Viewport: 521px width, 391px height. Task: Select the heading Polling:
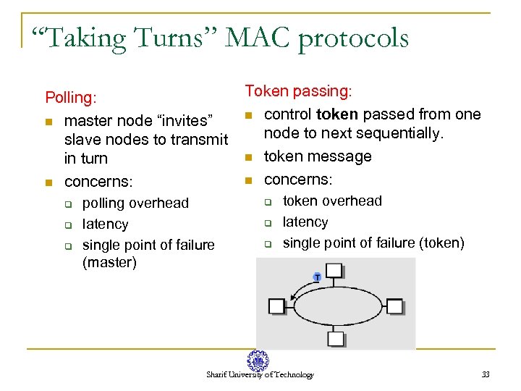coord(72,97)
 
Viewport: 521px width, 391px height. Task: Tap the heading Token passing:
coord(298,91)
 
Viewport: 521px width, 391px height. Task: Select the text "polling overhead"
coord(135,203)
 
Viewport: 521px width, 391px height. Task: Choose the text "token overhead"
coord(332,201)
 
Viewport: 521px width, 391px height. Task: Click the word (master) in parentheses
coord(109,262)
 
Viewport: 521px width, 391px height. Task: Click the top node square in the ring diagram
coord(334,271)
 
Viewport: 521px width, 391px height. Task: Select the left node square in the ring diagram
coord(277,306)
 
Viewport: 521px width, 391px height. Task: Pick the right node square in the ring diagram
coord(394,306)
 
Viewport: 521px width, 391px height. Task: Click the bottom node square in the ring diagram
coord(336,338)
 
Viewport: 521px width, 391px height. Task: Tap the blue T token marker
coord(316,277)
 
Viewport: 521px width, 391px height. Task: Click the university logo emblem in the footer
coord(258,361)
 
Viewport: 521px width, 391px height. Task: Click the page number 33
coord(486,374)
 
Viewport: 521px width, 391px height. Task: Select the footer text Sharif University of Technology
coord(260,375)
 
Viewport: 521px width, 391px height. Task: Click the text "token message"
coord(318,156)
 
